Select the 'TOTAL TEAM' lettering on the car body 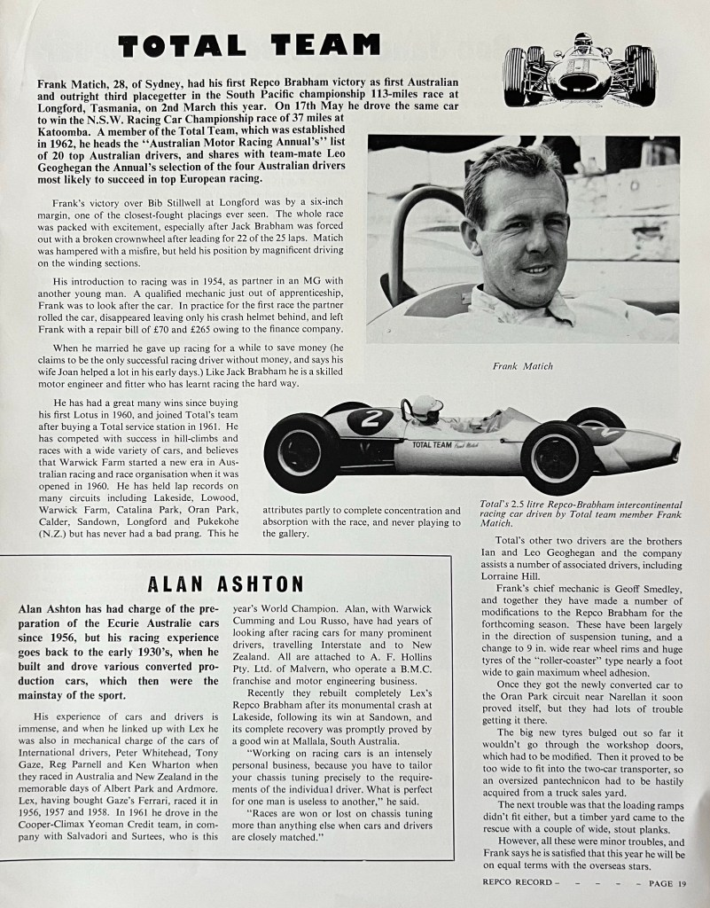432,444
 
